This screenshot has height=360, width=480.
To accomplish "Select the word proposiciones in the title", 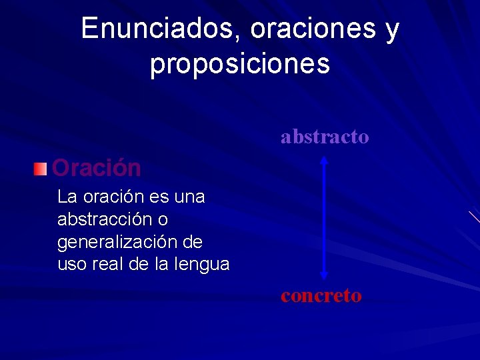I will point(240,64).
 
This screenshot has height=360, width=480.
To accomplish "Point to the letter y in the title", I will point(392,30).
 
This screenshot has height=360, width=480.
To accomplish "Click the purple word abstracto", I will point(325,137).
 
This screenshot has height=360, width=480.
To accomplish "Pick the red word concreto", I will point(321,295).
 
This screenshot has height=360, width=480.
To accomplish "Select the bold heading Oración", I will point(97,168).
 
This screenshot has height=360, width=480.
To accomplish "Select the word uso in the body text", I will point(71,265).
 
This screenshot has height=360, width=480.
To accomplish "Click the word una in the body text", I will point(189,197).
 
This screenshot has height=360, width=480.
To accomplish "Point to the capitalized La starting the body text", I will point(67,197).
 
